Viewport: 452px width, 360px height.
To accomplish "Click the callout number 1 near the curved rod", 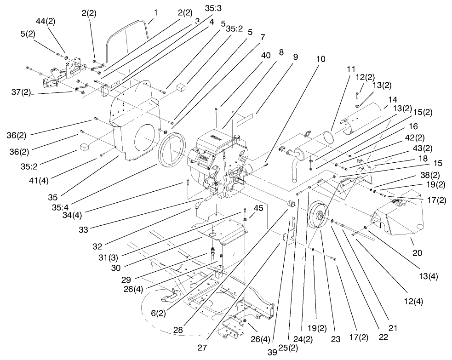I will pos(155,13).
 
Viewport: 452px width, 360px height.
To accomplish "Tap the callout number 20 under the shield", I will pos(418,253).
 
